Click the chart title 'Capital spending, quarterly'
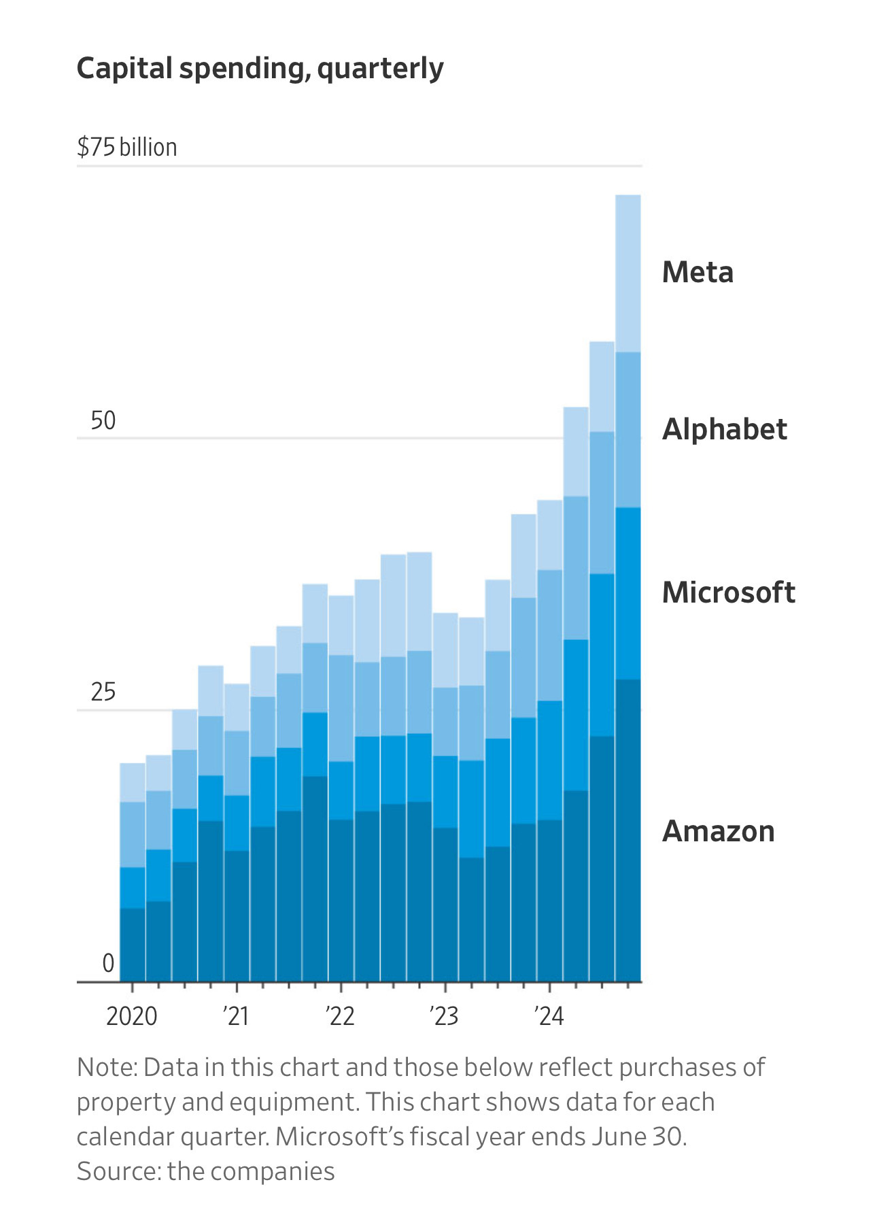click(260, 69)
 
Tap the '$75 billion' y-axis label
click(127, 147)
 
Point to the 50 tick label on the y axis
click(103, 421)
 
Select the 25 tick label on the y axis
click(103, 692)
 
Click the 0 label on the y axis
click(108, 963)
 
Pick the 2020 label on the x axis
click(131, 1016)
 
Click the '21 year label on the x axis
click(236, 1016)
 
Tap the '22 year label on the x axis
click(340, 1016)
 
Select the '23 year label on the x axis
click(444, 1016)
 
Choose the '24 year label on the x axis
click(549, 1016)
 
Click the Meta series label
click(698, 273)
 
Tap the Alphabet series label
click(725, 430)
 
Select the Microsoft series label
click(728, 592)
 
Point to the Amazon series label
click(719, 831)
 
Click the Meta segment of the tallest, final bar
click(628, 273)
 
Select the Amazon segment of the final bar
click(628, 830)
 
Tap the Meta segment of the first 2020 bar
click(133, 782)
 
